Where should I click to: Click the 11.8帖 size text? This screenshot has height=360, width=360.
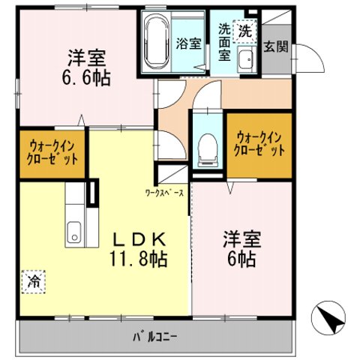coord(140,259)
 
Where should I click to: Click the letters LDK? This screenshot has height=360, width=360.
coord(140,239)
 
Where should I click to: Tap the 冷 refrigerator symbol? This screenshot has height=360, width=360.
coord(34,281)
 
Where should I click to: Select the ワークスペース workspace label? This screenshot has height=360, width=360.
coord(164,193)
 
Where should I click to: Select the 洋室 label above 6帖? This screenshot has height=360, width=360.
coord(241,239)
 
